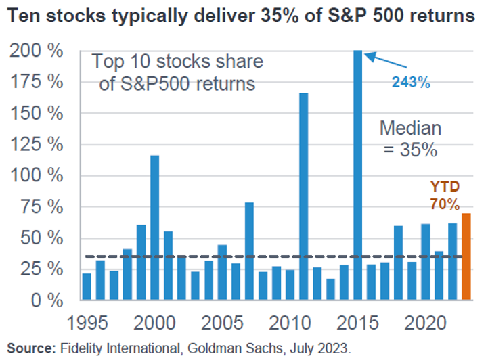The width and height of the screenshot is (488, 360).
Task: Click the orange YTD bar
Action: pyautogui.click(x=466, y=256)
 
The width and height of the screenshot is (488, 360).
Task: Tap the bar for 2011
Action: pyautogui.click(x=303, y=196)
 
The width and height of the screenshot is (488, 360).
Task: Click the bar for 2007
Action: pyautogui.click(x=249, y=251)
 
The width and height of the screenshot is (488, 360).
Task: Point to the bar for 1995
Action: pyautogui.click(x=87, y=286)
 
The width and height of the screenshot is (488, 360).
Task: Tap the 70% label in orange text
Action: pyautogui.click(x=444, y=204)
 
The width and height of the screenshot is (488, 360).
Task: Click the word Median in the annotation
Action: pyautogui.click(x=409, y=128)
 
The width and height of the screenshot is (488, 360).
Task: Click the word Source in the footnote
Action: pyautogui.click(x=29, y=348)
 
